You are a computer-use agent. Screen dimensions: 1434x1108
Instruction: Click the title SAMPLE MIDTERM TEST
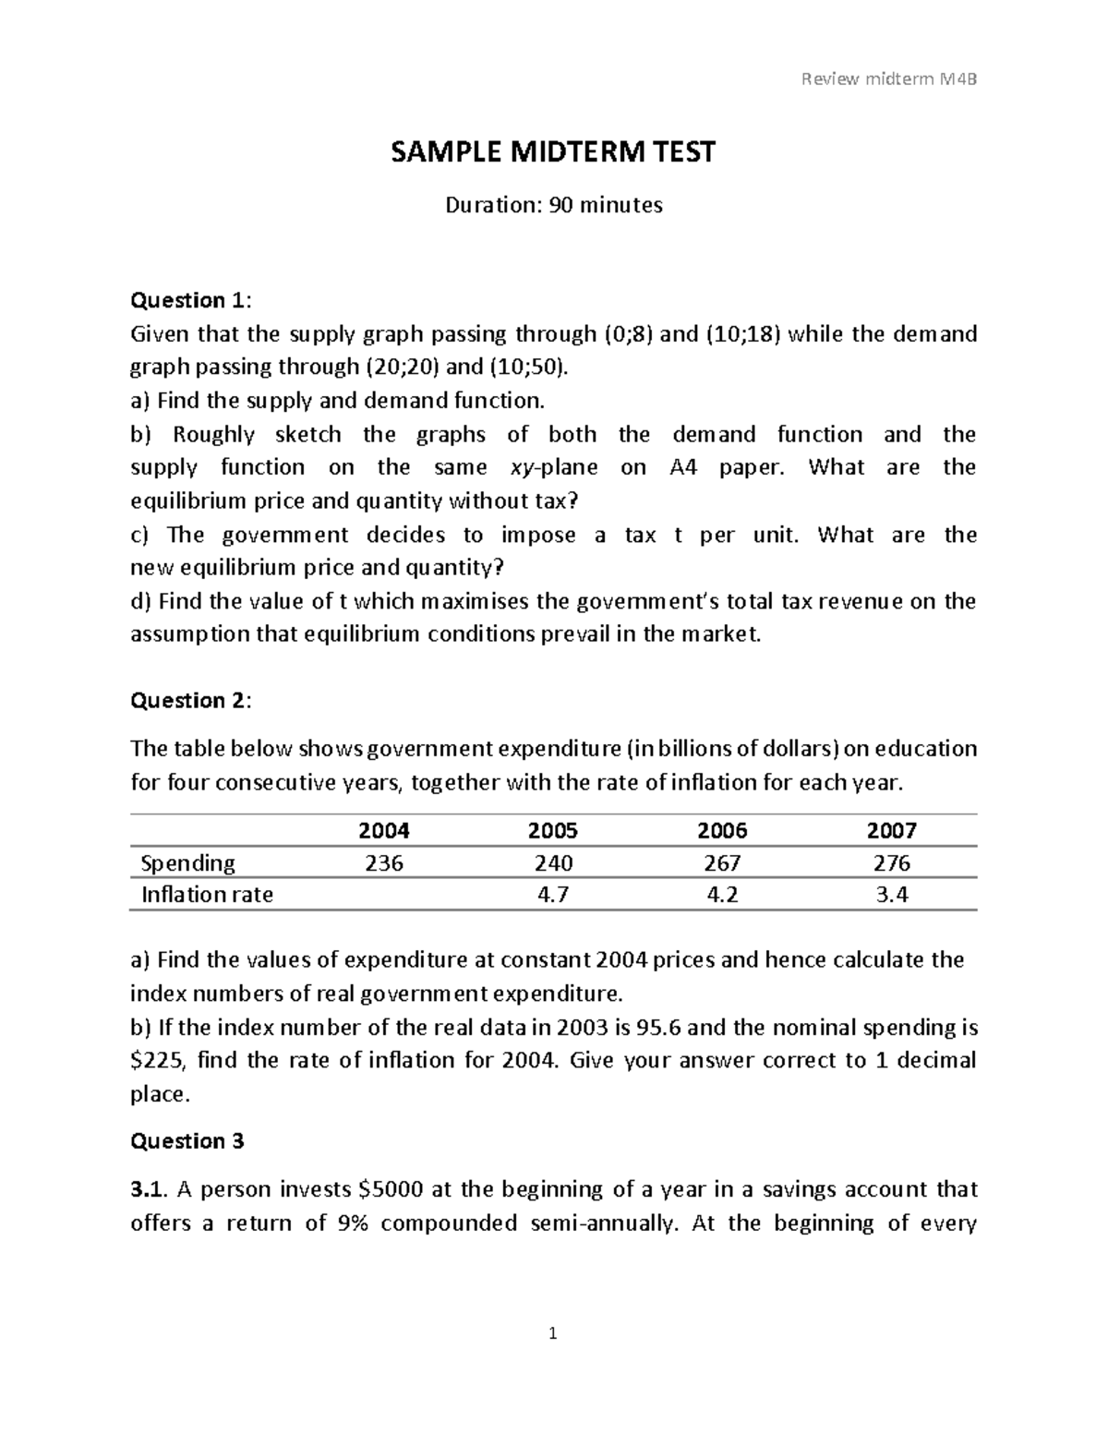553,151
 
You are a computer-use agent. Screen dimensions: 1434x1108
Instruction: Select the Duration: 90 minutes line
553,205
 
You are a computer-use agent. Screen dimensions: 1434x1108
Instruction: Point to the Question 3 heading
187,1141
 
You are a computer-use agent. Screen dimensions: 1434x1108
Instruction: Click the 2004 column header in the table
384,830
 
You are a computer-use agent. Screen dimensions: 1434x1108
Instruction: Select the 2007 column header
891,830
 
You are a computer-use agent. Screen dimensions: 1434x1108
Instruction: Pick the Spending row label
187,863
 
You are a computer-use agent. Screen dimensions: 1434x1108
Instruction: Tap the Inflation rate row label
207,895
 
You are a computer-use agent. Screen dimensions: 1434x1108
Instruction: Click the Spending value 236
384,863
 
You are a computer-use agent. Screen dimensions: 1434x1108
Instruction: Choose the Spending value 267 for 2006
722,863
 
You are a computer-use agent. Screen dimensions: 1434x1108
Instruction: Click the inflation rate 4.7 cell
553,895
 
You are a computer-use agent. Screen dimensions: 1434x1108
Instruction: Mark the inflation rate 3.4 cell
891,895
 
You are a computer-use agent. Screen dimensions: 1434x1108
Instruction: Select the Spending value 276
891,863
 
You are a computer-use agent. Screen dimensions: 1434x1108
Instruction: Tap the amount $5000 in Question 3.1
369,1189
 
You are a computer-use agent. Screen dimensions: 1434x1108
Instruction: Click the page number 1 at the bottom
553,1333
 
